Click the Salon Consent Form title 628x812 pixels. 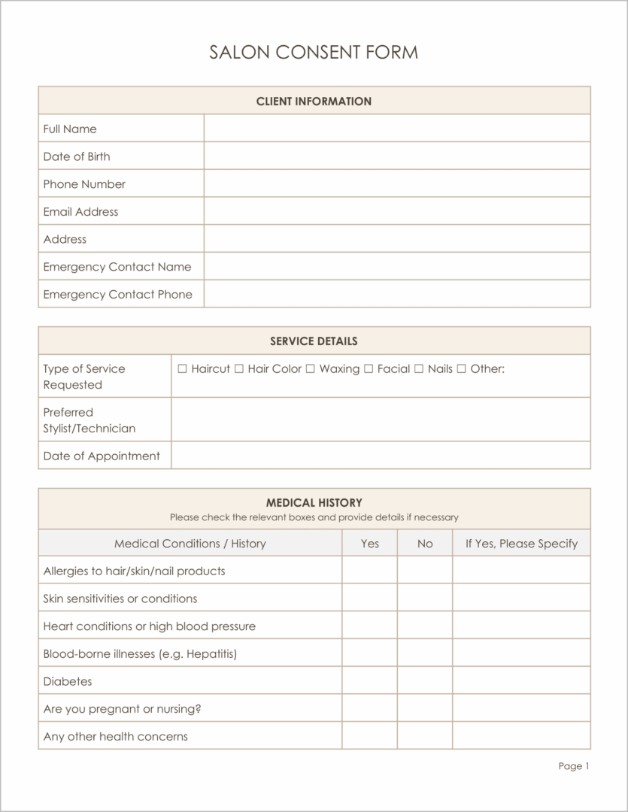(x=314, y=52)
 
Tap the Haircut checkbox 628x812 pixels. (x=182, y=368)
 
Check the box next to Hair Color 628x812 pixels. (x=239, y=368)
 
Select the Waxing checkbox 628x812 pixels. (x=311, y=368)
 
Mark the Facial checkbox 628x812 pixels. (x=369, y=368)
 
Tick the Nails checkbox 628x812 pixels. (x=419, y=368)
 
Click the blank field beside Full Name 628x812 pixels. (x=396, y=129)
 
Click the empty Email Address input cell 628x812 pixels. (x=396, y=211)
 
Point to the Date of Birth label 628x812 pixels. (x=77, y=156)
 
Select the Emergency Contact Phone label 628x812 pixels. (x=117, y=294)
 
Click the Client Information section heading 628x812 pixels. (x=314, y=101)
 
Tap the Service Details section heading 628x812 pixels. (x=314, y=341)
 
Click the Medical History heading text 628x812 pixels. (x=314, y=502)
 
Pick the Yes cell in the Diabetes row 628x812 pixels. (x=369, y=681)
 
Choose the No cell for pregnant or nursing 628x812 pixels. (x=425, y=708)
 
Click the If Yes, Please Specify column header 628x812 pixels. (x=521, y=543)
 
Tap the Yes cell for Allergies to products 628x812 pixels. (x=369, y=571)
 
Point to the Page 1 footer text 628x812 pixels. (x=574, y=766)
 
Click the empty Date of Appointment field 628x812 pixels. (x=381, y=456)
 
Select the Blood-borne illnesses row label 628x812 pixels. (x=140, y=653)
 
